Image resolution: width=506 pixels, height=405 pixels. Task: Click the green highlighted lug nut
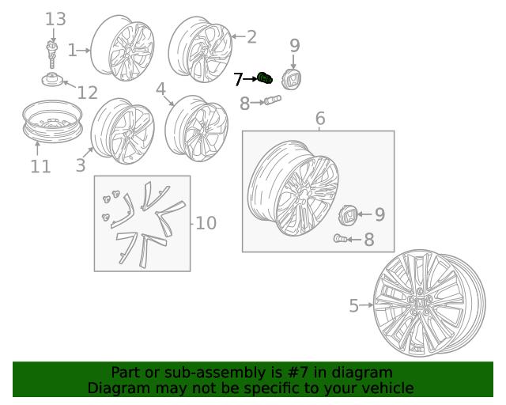point(265,78)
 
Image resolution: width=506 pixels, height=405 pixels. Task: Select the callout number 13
point(55,19)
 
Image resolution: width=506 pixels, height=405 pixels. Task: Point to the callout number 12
point(88,93)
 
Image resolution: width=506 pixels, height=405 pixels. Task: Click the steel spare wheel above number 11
point(53,122)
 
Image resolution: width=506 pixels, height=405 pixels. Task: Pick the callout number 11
point(40,167)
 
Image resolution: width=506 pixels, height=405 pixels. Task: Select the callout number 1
point(73,51)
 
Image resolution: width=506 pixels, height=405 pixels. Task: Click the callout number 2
point(251,37)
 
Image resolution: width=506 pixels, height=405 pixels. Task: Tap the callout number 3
point(81,165)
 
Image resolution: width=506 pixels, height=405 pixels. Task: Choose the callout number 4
point(160,89)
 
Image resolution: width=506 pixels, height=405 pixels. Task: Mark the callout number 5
point(354,305)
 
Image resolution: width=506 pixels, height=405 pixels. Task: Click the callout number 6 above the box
point(320,118)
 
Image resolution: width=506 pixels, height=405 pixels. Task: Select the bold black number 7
point(238,79)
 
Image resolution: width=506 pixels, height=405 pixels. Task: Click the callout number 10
point(206,223)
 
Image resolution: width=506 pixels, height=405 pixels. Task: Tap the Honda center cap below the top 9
point(292,79)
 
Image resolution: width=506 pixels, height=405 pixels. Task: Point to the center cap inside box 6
point(348,215)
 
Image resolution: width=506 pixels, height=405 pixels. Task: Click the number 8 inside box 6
point(369,240)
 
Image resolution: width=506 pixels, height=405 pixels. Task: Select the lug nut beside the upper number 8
point(273,100)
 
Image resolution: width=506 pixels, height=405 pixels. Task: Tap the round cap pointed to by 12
point(52,79)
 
